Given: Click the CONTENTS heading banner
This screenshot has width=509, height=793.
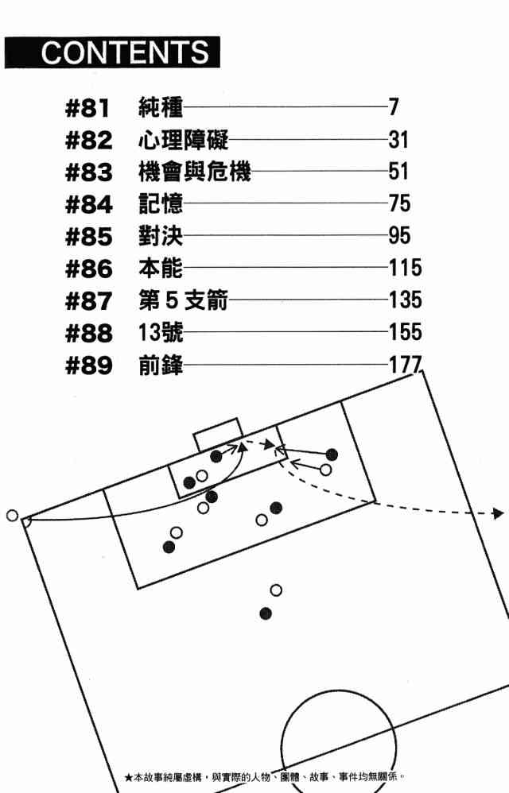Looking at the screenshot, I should click(111, 52).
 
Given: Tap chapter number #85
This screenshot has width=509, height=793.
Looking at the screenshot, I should click(87, 237).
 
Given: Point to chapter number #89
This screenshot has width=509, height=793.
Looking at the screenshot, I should click(87, 366).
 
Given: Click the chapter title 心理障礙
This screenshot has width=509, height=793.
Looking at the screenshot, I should click(183, 141).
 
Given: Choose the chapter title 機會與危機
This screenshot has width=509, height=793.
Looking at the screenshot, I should click(194, 172).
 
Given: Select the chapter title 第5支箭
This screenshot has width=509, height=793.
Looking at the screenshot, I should click(184, 301).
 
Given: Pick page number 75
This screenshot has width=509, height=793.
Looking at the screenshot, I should click(399, 204).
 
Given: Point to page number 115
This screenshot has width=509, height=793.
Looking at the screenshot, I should click(405, 269).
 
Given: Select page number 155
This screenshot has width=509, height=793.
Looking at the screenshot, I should click(405, 333).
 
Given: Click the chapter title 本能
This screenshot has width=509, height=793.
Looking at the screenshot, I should click(160, 269).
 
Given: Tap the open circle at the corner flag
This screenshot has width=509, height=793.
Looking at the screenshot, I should click(11, 516).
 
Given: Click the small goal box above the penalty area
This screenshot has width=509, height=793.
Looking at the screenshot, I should click(217, 434).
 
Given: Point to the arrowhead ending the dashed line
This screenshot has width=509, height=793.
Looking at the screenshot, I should click(498, 514).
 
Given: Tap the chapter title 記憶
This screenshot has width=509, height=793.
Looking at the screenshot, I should click(160, 204).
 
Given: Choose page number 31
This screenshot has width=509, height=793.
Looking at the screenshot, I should click(398, 141).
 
